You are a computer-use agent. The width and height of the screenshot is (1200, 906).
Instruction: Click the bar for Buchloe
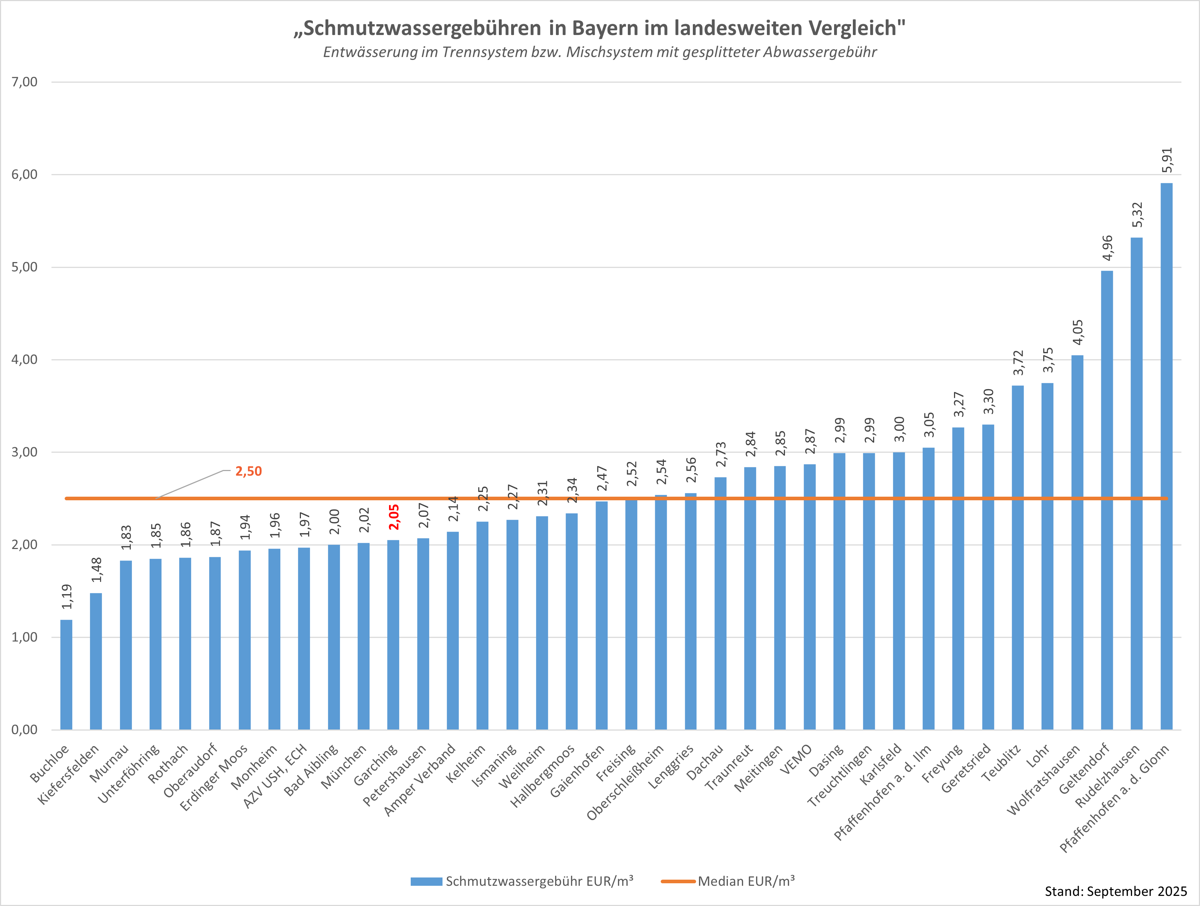coord(66,675)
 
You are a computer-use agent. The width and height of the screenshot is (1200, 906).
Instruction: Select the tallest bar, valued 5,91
coord(1166,456)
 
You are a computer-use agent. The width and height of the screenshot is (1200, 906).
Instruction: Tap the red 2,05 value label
coord(394,517)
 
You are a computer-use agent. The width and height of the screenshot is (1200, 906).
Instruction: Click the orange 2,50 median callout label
coord(249,471)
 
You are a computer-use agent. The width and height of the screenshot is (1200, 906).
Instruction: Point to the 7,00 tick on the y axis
coord(25,82)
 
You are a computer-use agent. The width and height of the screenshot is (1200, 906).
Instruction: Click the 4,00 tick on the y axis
coord(25,360)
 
